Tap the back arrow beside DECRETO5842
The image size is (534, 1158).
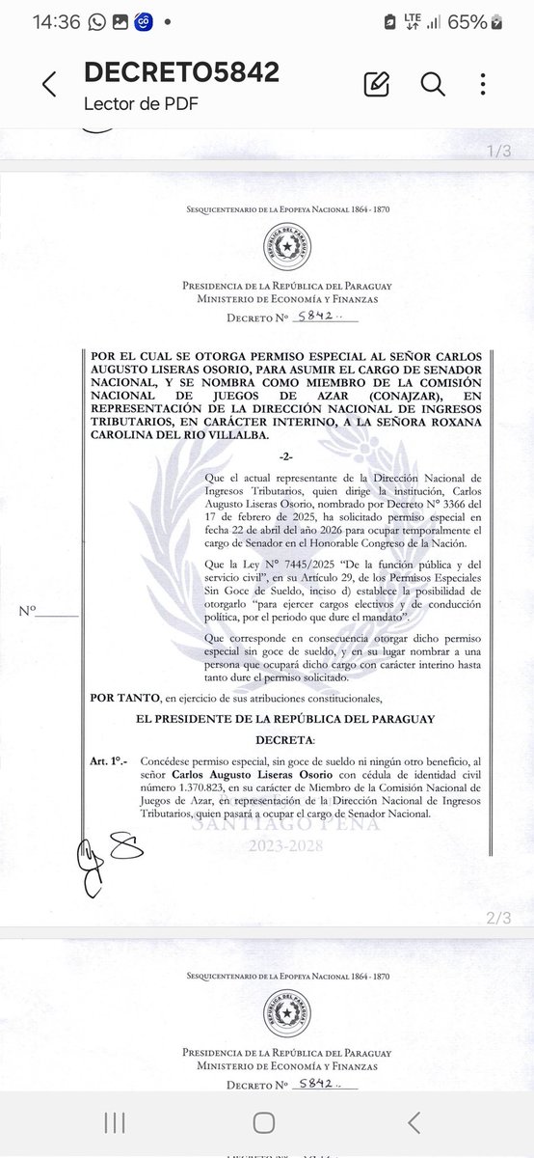48,84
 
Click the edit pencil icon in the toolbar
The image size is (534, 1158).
376,84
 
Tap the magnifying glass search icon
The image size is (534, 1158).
433,84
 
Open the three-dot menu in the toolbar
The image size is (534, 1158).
484,84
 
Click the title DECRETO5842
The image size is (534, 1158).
181,72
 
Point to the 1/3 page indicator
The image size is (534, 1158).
500,152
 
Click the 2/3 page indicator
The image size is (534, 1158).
500,919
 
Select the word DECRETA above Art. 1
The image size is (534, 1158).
285,738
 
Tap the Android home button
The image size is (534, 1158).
264,1122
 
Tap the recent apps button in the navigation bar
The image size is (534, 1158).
115,1122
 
